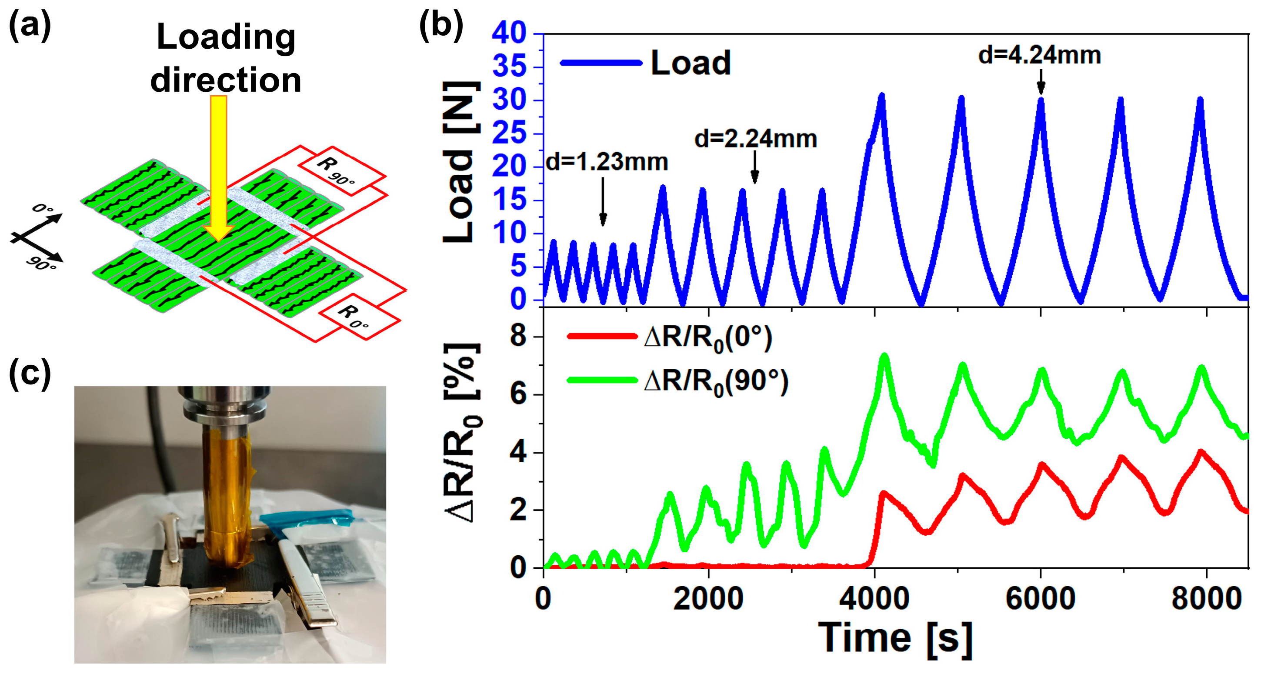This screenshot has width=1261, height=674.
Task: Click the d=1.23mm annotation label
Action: click(607, 162)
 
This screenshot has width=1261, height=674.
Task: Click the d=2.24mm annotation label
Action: click(755, 139)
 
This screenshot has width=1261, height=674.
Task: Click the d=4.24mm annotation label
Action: click(1039, 55)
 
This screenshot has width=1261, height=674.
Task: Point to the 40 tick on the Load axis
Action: click(509, 33)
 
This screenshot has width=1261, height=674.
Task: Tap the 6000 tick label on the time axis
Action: click(1040, 599)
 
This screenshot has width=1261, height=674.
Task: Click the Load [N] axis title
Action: click(460, 161)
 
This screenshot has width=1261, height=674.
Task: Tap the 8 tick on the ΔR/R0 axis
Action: click(518, 337)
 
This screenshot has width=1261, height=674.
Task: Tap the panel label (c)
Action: click(30, 374)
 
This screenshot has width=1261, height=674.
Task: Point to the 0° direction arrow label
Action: click(43, 209)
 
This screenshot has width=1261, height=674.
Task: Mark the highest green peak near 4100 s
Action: click(884, 356)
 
